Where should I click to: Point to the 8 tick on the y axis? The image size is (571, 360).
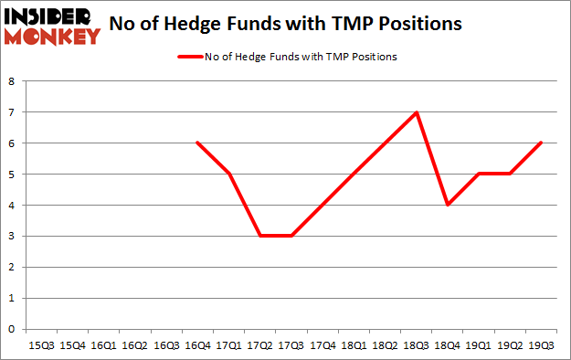(11, 81)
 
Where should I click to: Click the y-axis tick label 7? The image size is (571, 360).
(11, 112)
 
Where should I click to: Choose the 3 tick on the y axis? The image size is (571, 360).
(11, 236)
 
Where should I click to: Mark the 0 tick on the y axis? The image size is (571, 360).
(11, 329)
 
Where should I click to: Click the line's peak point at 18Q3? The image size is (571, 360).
(415, 112)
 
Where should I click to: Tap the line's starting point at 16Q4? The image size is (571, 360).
(197, 143)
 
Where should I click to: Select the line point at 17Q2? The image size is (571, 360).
(259, 236)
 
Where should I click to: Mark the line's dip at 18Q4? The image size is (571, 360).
(446, 205)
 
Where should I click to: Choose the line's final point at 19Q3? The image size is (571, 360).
(539, 143)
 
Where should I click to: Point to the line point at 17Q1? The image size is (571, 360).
(228, 174)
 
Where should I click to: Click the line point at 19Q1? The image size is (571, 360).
(477, 174)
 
